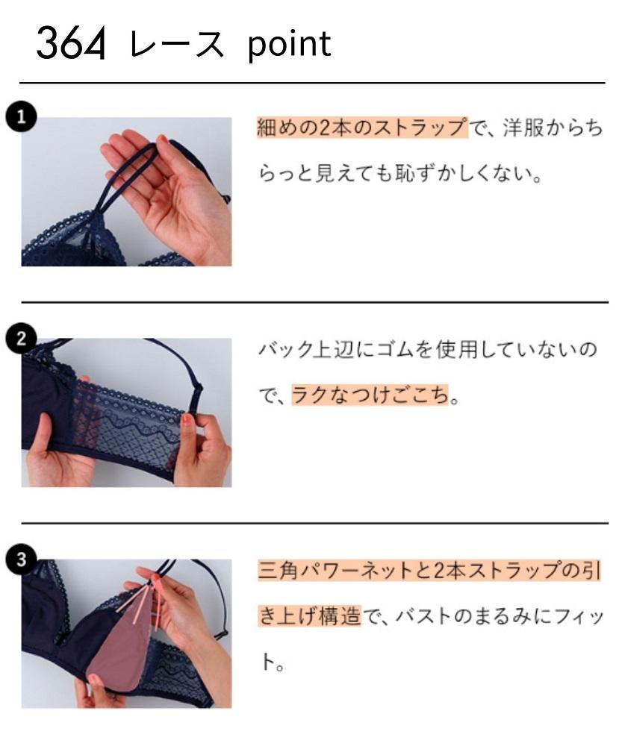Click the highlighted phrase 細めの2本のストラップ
pyautogui.click(x=361, y=128)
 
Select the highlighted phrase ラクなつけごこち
pyautogui.click(x=372, y=395)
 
